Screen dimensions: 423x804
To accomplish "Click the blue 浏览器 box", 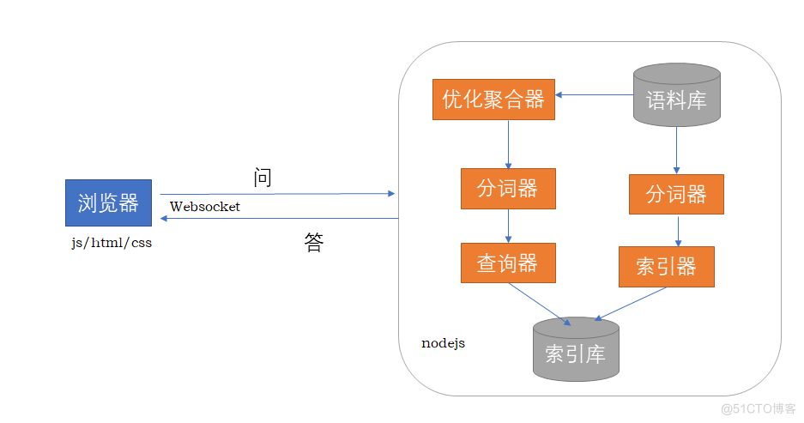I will point(108,202).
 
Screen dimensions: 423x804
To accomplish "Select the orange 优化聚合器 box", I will point(493,100).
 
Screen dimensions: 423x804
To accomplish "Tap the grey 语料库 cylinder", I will point(675,96).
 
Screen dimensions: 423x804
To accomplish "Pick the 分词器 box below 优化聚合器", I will point(508,188).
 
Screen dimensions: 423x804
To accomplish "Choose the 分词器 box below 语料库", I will point(676,194).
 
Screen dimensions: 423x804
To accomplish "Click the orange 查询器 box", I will point(508,263).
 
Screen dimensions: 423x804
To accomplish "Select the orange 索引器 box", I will point(666,267).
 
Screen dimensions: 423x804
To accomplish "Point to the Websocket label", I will point(205,207).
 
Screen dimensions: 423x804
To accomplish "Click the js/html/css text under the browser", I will point(112,243).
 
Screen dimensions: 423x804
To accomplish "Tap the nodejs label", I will point(443,343).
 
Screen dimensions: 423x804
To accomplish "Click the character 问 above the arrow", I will point(263,178).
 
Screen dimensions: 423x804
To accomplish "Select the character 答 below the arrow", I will point(314,243).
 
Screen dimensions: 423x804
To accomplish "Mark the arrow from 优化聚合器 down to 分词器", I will point(509,144).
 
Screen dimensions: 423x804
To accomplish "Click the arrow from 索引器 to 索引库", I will point(631,303).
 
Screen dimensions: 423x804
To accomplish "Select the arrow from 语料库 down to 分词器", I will point(676,151).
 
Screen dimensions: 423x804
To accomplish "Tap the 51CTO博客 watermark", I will point(759,408).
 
